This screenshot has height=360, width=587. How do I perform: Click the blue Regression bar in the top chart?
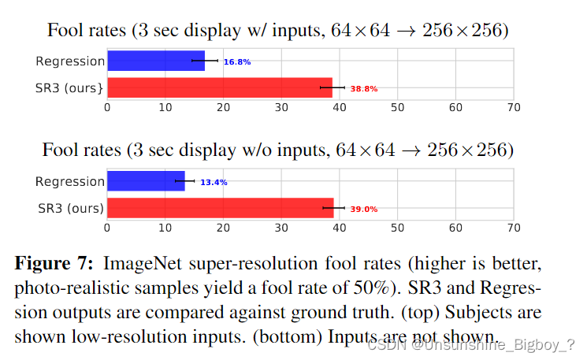(155, 61)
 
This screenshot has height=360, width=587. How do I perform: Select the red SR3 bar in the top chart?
(219, 87)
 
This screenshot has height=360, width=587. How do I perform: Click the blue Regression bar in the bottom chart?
(146, 181)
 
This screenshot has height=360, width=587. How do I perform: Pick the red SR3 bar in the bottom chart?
(220, 208)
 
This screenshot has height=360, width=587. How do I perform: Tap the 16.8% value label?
(236, 61)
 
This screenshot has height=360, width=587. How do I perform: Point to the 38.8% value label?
(364, 89)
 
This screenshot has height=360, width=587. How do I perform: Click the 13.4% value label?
(214, 182)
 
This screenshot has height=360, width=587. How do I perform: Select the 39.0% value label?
(364, 210)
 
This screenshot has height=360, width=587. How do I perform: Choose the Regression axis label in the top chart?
(69, 61)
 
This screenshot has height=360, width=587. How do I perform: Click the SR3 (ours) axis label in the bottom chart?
(70, 208)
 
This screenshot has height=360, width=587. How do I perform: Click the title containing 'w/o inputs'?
(277, 150)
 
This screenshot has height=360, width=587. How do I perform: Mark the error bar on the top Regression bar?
(205, 61)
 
